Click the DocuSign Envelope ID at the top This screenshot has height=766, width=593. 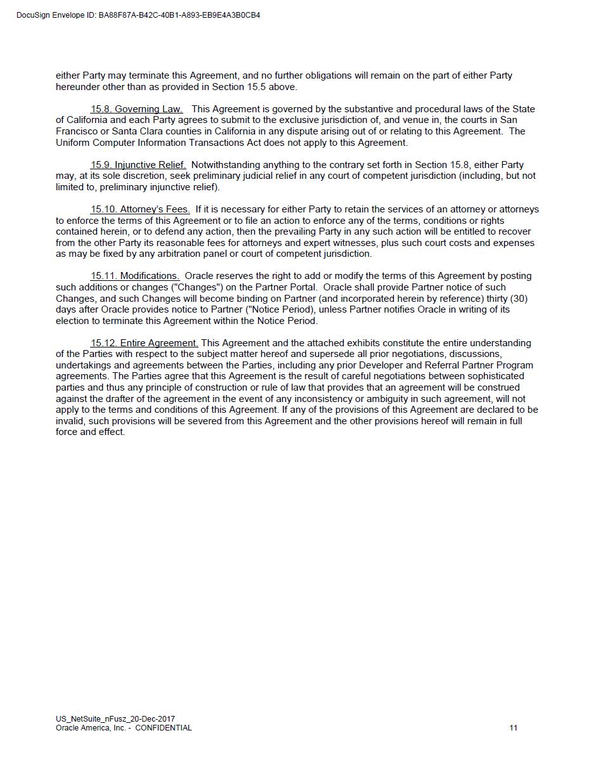pos(138,15)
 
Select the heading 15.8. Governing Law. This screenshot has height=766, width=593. pos(136,109)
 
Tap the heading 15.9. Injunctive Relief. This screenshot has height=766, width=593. pos(138,165)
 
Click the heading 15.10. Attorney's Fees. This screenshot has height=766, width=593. pos(140,209)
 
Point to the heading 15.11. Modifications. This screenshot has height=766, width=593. pos(135,276)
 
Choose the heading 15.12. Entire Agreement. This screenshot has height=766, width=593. pos(145,343)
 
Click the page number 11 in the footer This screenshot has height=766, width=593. pos(513,728)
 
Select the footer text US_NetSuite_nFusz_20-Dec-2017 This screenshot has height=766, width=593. pos(115,719)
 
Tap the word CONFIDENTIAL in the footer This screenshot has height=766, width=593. pos(163,728)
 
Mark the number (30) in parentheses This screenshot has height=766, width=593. pos(518,298)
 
